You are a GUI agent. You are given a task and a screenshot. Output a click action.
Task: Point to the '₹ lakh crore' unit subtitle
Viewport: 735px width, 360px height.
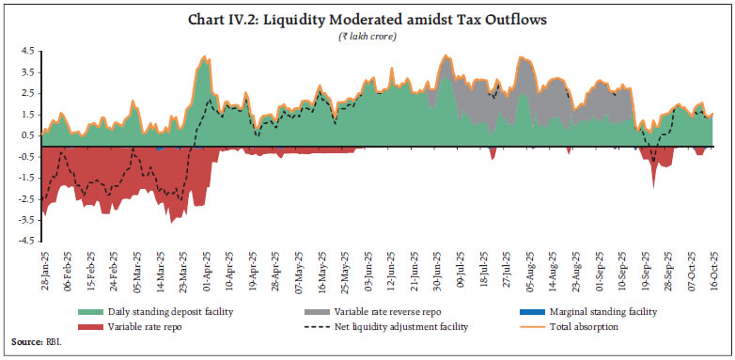[x=367, y=35]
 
